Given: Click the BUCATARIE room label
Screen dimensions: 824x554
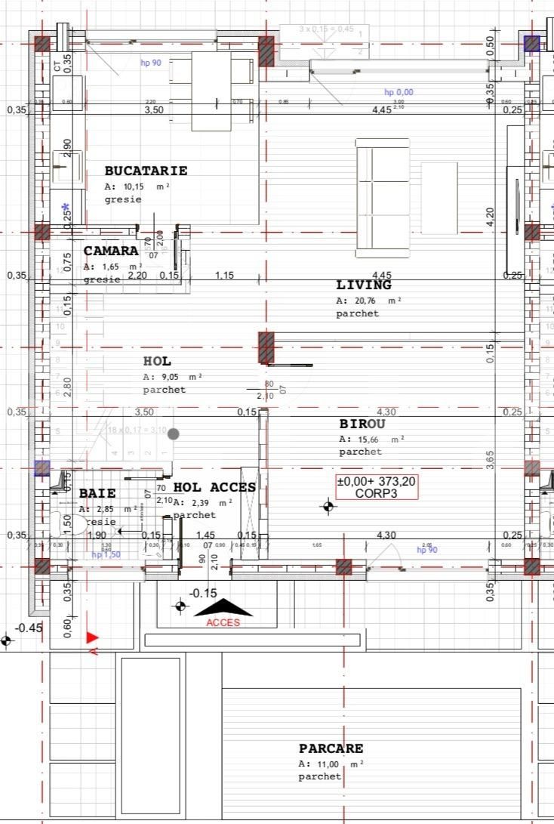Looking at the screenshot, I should click(146, 171).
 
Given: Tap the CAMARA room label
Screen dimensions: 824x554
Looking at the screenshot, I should click(111, 251).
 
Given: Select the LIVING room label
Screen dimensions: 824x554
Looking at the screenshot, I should click(364, 285).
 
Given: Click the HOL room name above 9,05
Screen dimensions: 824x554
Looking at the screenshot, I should click(157, 362).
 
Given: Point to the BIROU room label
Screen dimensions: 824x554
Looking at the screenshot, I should click(362, 424).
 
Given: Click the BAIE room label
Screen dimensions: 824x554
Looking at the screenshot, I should click(97, 493).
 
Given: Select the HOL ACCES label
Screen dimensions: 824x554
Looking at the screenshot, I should click(215, 487).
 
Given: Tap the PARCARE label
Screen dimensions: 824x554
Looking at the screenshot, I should click(331, 748).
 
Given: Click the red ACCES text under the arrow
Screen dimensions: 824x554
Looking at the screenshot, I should click(223, 622).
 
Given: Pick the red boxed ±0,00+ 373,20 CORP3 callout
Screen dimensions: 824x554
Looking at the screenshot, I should click(375, 487).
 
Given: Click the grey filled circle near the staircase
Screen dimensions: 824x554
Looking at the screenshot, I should click(174, 434).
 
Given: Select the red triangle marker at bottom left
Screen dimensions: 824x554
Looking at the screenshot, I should click(92, 638).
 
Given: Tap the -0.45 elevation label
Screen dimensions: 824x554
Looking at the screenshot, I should click(29, 628).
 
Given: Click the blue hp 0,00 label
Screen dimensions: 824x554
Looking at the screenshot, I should click(399, 93).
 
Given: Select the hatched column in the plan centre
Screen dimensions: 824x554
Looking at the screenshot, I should click(266, 347).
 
